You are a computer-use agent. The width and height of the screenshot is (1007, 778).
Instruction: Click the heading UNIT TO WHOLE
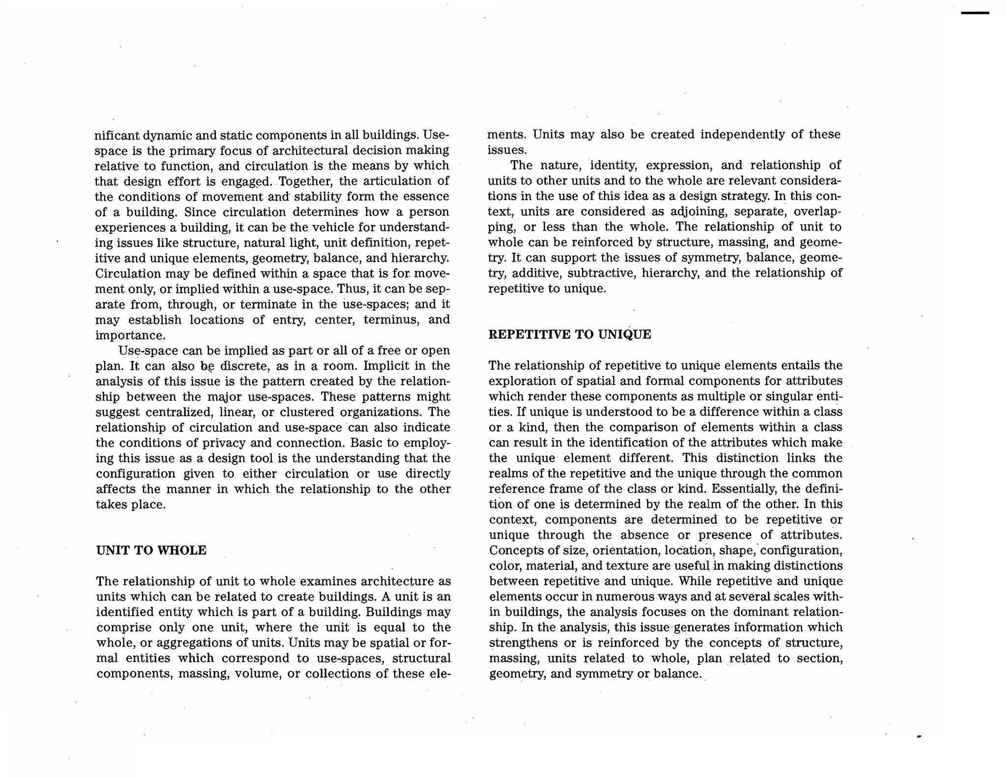[x=151, y=550]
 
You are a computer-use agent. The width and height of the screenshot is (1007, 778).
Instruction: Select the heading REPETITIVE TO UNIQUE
[x=569, y=335]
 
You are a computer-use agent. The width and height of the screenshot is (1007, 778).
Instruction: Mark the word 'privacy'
[x=224, y=443]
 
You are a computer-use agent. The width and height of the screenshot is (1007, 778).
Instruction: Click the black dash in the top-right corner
[x=975, y=13]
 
